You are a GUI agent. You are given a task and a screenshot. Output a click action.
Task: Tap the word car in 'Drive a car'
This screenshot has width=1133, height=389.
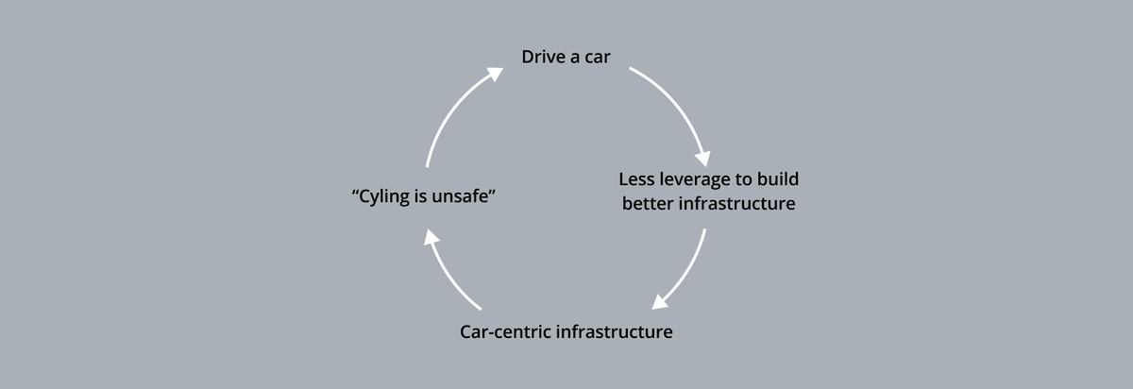pyautogui.click(x=597, y=58)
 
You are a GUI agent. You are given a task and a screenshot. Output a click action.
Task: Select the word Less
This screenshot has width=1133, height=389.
pyautogui.click(x=637, y=178)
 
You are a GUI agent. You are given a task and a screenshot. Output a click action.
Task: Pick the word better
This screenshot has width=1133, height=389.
pyautogui.click(x=649, y=204)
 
